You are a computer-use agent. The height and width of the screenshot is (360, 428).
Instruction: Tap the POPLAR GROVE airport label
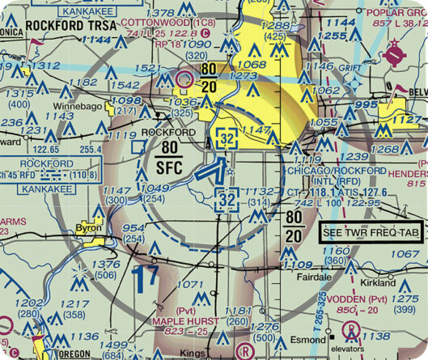coord(396,13)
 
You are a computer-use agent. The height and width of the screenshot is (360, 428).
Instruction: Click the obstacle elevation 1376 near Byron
coord(104,265)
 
